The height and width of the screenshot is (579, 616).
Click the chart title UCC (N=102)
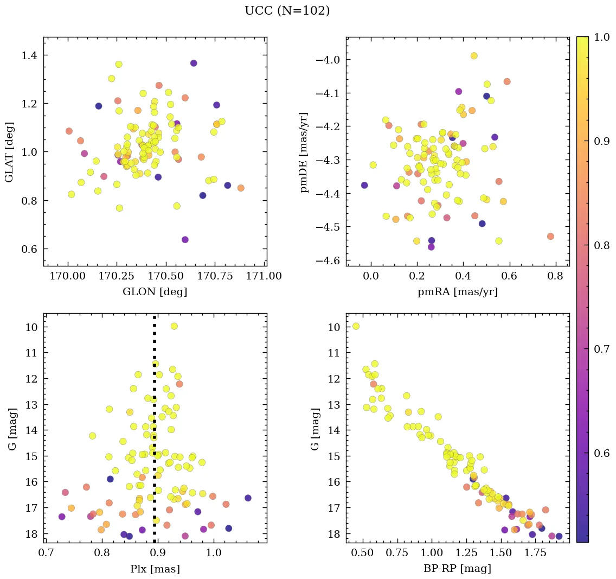coord(287,11)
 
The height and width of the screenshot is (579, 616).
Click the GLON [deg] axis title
coord(155,292)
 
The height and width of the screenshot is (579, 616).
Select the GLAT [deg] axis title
coord(9,152)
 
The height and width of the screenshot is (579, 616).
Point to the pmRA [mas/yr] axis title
coord(457,292)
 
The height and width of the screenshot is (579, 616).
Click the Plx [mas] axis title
coord(155,569)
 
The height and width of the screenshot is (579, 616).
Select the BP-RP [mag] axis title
coord(457,569)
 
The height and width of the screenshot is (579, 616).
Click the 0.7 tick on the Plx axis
coord(46,553)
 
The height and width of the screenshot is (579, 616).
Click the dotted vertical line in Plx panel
coord(155,434)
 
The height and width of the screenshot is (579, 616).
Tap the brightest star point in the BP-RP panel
coord(356,326)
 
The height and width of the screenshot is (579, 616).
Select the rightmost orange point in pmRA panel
coord(550,236)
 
